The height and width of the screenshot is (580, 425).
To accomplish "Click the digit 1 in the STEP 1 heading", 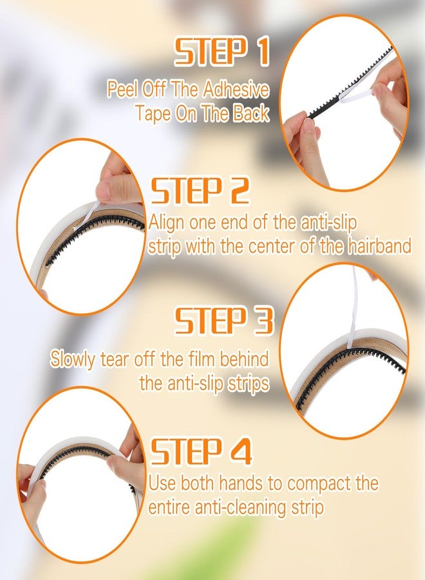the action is point(263,52).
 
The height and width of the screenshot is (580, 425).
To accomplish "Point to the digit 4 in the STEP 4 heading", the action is point(238,450).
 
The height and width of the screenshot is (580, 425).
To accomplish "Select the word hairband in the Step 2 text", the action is point(379,246).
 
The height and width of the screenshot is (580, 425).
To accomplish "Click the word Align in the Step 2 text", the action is point(167,224).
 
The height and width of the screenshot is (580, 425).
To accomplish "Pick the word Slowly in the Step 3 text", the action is point(72,359).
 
